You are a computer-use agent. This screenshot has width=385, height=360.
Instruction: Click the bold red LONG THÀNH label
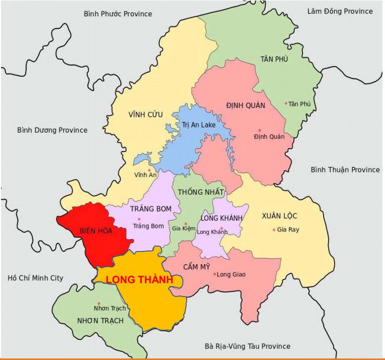coord(139,280)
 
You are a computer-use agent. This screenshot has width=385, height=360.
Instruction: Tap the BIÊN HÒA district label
coord(96,230)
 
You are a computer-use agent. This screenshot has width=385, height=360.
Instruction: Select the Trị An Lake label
coord(199,125)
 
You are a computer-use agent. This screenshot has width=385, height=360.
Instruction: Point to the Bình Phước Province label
coord(118,14)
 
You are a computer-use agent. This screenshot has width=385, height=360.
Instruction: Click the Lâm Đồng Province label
coord(339,11)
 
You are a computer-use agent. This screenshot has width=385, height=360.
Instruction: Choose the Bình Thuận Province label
coord(345,170)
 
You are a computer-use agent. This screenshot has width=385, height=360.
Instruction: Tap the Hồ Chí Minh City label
coord(35,278)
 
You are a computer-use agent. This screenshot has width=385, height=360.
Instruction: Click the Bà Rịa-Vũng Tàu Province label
coord(247,346)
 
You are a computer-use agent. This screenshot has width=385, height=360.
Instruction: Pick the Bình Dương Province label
coord(52,130)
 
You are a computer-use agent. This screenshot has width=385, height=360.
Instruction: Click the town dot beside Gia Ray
coord(274,229)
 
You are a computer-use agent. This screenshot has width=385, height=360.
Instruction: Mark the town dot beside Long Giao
coord(215,274)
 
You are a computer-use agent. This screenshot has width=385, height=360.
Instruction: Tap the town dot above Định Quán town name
coord(260,130)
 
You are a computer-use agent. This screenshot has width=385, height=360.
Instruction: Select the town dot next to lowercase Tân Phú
coord(286,103)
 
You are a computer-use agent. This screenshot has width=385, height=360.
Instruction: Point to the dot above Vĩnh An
coord(149,170)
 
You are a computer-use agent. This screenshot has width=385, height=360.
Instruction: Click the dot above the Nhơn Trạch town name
coord(99,303)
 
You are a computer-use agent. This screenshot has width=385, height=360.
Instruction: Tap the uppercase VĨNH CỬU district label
coord(145,114)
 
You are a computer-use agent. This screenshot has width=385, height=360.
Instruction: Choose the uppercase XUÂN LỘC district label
coord(279,215)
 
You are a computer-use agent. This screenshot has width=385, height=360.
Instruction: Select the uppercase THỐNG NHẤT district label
coord(201,192)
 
